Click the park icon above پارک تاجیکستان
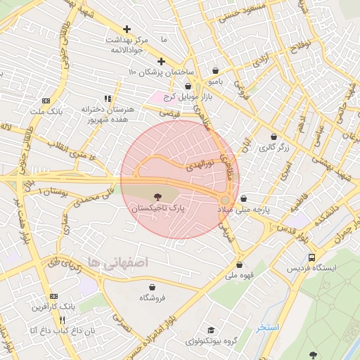[x=156, y=198]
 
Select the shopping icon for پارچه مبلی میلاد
[x=243, y=199]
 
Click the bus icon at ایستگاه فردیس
[x=312, y=257]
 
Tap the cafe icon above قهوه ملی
[x=241, y=265]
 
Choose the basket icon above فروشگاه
[x=152, y=287]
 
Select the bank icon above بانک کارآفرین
[x=54, y=296]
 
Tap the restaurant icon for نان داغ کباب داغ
[x=62, y=320]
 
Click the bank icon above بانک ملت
[x=46, y=101]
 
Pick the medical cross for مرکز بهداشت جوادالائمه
[x=127, y=29]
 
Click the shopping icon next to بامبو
[x=214, y=70]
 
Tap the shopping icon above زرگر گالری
[x=274, y=136]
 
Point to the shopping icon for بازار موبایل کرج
[x=188, y=85]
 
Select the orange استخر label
[x=267, y=327]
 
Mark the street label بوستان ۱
[x=55, y=191]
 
